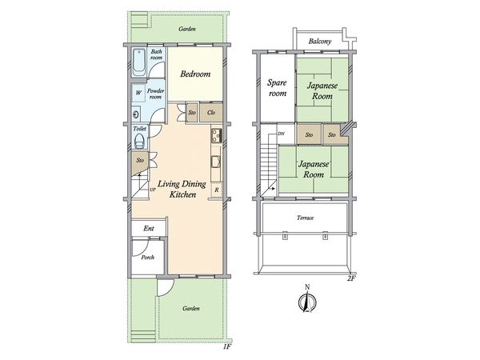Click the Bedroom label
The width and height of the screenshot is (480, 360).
click(x=195, y=74)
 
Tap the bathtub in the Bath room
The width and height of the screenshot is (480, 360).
click(x=139, y=62)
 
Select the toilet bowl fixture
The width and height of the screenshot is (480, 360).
click(x=139, y=141)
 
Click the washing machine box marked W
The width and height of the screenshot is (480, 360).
click(x=138, y=93)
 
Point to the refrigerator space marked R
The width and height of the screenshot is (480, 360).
click(x=217, y=190)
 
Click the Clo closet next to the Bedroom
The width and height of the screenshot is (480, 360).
click(x=211, y=113)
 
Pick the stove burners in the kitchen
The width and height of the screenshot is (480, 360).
click(x=217, y=135)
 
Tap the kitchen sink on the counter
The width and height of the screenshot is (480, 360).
click(x=216, y=162)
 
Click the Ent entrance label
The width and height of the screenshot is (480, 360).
click(x=149, y=228)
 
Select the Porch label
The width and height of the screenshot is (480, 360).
click(x=147, y=258)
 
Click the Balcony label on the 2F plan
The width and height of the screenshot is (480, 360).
click(x=320, y=42)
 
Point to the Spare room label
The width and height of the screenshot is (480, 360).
click(x=278, y=88)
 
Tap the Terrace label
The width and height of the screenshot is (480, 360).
click(x=306, y=218)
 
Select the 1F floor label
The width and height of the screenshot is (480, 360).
click(x=228, y=346)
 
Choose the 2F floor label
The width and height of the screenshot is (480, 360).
click(x=351, y=278)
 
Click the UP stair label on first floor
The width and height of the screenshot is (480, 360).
click(x=153, y=190)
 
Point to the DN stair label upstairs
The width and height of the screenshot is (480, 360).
click(x=281, y=134)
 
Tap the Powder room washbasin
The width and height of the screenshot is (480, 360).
click(x=136, y=114)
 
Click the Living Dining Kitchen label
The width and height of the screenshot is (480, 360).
click(x=182, y=189)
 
